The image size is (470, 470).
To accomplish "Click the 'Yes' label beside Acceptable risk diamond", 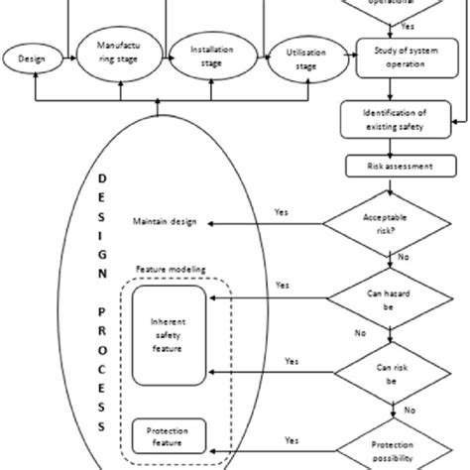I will pyautogui.click(x=281, y=210).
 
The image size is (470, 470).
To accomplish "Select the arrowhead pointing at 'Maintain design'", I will pyautogui.click(x=204, y=224).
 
